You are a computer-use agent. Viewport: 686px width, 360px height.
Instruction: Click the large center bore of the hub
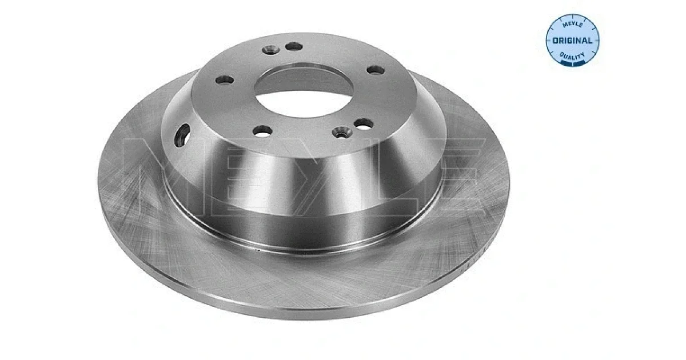point(304,92)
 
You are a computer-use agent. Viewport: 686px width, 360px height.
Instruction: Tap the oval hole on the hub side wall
point(182,135)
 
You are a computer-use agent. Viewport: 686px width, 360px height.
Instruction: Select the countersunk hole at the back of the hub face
point(271,49)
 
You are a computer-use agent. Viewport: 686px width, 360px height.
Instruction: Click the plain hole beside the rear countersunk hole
point(294,47)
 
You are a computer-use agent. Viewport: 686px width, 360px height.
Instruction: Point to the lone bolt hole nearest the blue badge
point(376,70)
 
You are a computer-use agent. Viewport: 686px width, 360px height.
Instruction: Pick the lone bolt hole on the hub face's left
point(225,80)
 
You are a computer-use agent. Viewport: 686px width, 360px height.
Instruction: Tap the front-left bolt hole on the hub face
point(262,131)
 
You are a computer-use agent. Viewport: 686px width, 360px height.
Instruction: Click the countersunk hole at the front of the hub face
point(342,132)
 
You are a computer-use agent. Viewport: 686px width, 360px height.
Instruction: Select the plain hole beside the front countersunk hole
point(364,123)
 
